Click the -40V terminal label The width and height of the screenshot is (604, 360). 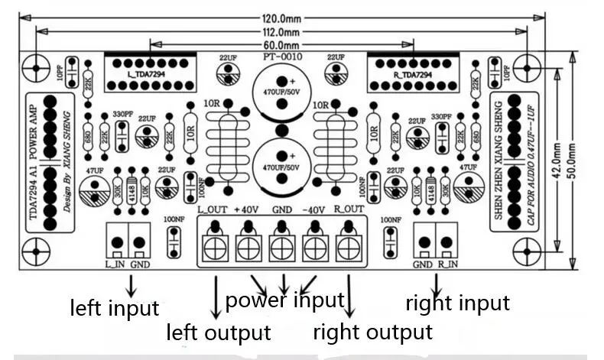point(314,209)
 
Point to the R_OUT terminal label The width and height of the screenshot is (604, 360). point(349,209)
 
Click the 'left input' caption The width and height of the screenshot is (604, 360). point(115,308)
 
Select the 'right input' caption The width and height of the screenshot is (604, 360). point(457,303)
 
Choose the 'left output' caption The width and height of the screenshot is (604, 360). point(219,332)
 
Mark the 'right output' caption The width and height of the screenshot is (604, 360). point(373,332)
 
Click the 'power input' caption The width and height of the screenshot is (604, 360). point(285,300)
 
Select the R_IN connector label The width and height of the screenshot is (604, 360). point(447,264)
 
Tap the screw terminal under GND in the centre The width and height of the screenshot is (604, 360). point(282,247)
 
